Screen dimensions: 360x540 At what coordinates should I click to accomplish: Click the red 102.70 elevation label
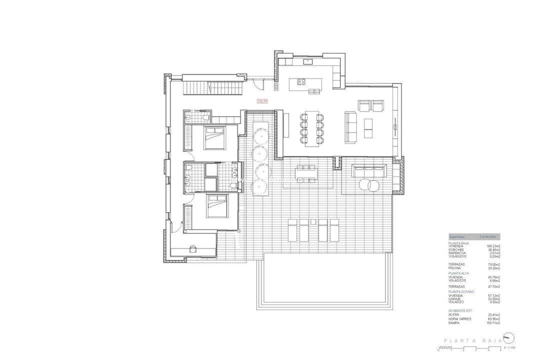(262, 100)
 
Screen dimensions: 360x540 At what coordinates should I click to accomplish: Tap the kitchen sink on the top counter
(306, 61)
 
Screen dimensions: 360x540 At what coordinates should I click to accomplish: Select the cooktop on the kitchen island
(301, 81)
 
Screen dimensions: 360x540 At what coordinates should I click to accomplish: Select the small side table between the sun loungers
(312, 220)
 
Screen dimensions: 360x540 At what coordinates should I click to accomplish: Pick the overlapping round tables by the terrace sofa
(371, 185)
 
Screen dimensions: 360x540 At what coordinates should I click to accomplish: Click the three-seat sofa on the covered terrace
(369, 170)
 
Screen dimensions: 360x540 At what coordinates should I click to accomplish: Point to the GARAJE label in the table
(456, 298)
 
